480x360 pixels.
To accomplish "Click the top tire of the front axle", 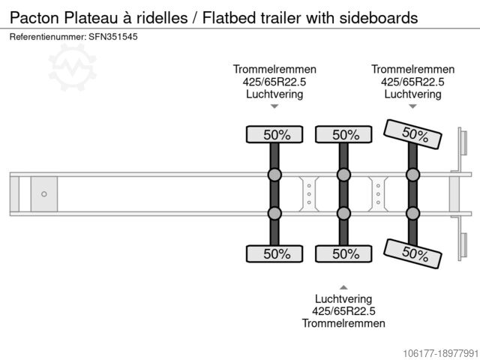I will pyautogui.click(x=274, y=135).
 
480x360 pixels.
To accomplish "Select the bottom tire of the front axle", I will pyautogui.click(x=274, y=253).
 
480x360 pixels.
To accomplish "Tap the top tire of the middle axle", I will pyautogui.click(x=343, y=135).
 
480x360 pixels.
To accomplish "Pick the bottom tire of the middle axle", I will pyautogui.click(x=343, y=253).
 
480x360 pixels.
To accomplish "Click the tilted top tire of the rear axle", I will pyautogui.click(x=412, y=134).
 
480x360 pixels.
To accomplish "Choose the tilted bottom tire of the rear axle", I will pyautogui.click(x=412, y=253).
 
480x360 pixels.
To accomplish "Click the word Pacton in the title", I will pyautogui.click(x=34, y=17).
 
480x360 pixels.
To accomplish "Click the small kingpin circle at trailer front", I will pyautogui.click(x=44, y=194).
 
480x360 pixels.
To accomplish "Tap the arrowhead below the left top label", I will pyautogui.click(x=274, y=106).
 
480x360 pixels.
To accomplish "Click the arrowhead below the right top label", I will pyautogui.click(x=412, y=106).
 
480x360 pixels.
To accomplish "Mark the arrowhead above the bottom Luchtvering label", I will pyautogui.click(x=343, y=286).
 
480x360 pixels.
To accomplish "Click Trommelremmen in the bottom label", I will pyautogui.click(x=343, y=323).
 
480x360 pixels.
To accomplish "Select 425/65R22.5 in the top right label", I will pyautogui.click(x=412, y=82).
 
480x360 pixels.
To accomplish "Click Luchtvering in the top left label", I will pyautogui.click(x=274, y=94).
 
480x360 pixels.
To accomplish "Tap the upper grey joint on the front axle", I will pyautogui.click(x=274, y=175).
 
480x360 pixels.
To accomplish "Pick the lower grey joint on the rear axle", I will pyautogui.click(x=412, y=213).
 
